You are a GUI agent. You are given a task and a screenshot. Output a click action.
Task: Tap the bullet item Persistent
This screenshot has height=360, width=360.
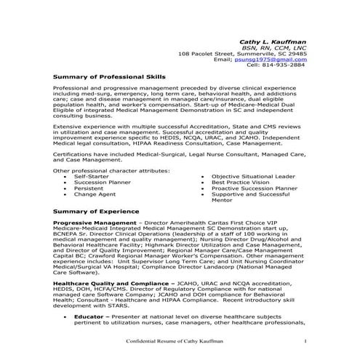coord(89,188)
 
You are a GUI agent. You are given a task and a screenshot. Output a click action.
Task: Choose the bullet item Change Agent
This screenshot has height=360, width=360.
coord(95,194)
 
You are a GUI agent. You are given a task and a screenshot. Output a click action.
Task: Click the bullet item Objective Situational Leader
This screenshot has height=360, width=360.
coord(253,176)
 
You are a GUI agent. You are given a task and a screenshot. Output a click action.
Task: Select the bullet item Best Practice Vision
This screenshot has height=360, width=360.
coord(243,182)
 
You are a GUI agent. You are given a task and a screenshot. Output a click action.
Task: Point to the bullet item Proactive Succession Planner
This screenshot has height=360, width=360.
coord(255,188)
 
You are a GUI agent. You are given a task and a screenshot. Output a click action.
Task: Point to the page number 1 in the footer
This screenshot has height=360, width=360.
coord(306,341)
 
